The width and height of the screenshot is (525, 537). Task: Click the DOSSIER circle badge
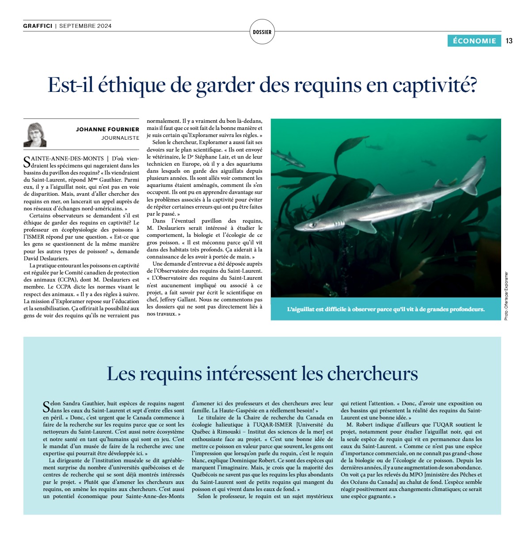[262, 32]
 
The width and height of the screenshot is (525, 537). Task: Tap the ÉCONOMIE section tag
[474, 41]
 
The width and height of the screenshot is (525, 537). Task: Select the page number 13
[509, 41]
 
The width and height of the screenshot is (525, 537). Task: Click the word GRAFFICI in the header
[38, 26]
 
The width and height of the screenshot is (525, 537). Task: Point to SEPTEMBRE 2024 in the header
[85, 26]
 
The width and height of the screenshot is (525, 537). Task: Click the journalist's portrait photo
[35, 135]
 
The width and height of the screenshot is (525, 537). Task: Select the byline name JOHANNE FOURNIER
[107, 129]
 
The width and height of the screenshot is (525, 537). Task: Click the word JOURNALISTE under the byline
[120, 138]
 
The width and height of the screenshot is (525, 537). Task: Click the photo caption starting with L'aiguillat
[385, 309]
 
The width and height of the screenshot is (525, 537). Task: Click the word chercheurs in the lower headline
[372, 373]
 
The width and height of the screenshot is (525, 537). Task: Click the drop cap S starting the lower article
[46, 407]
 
